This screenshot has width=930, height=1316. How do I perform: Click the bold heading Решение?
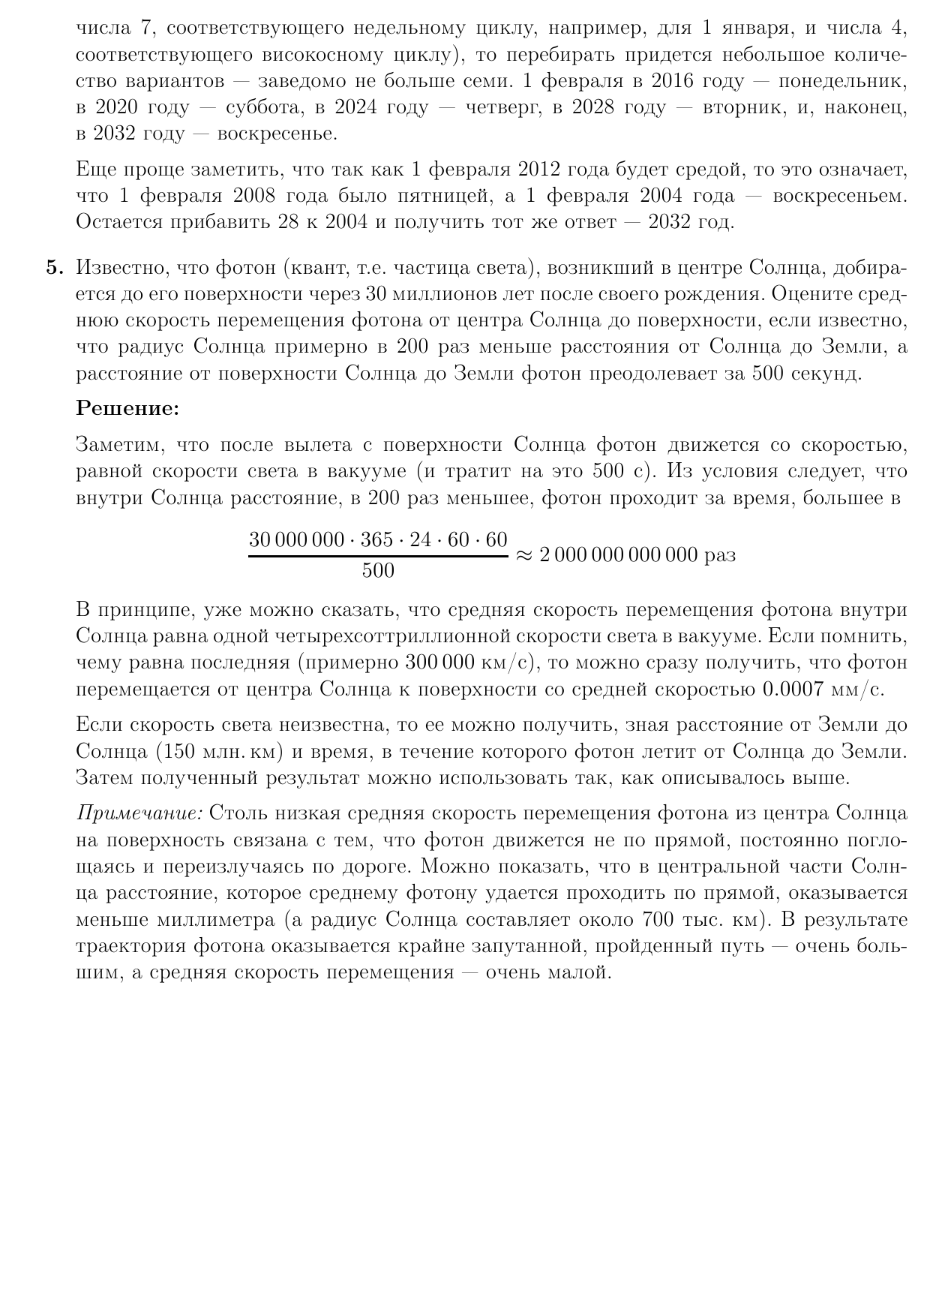pyautogui.click(x=128, y=409)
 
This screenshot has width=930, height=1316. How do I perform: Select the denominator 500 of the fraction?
pyautogui.click(x=378, y=570)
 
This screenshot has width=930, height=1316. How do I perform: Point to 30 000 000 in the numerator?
pyautogui.click(x=296, y=539)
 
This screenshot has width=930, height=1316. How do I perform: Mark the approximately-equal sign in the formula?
pyautogui.click(x=523, y=555)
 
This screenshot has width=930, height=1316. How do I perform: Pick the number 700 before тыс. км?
pyautogui.click(x=658, y=920)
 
